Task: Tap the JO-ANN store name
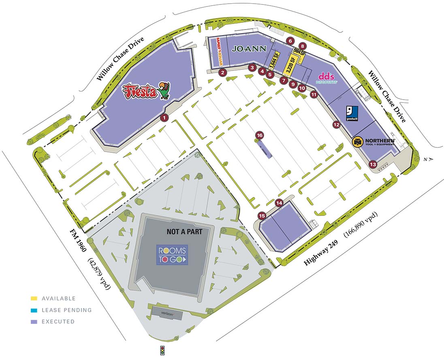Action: pyautogui.click(x=249, y=49)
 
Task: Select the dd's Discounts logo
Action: pyautogui.click(x=327, y=78)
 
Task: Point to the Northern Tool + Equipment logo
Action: pyautogui.click(x=374, y=142)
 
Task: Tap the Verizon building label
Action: pyautogui.click(x=168, y=313)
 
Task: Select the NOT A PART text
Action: pyautogui.click(x=190, y=232)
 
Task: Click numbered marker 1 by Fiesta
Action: pyautogui.click(x=164, y=118)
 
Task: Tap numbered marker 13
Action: pyautogui.click(x=373, y=164)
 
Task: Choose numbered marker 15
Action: pyautogui.click(x=262, y=216)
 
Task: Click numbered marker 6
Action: pyautogui.click(x=290, y=40)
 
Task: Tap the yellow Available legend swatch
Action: pyautogui.click(x=34, y=298)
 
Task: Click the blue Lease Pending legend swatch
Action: pyautogui.click(x=34, y=310)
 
